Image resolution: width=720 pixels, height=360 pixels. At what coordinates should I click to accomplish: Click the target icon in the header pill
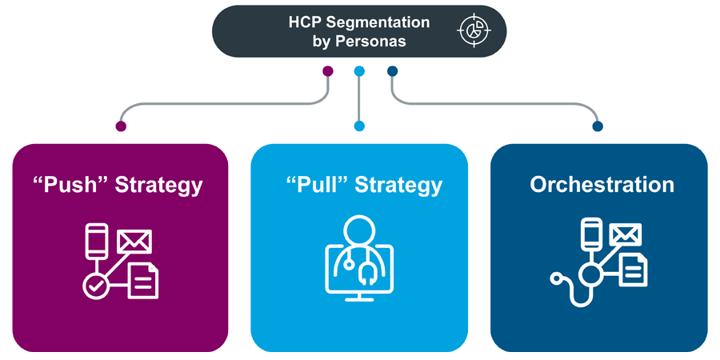coord(474,30)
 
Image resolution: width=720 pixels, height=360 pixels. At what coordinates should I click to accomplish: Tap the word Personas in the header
coord(377,40)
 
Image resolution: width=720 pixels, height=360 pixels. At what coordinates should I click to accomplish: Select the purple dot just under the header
coord(327,71)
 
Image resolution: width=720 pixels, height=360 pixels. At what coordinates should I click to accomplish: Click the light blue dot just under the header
coord(359,71)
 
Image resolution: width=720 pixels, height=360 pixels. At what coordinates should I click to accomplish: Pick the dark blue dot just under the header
coord(392,71)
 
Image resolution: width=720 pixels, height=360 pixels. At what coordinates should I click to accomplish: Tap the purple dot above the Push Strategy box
coord(121,126)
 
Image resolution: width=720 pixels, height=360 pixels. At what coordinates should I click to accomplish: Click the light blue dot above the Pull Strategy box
coord(359,126)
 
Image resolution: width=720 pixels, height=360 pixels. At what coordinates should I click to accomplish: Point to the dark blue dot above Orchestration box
coord(598,126)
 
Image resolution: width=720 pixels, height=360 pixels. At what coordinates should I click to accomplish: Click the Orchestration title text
coord(602,184)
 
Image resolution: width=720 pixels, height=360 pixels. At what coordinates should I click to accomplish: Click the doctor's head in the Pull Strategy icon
coord(359,230)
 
